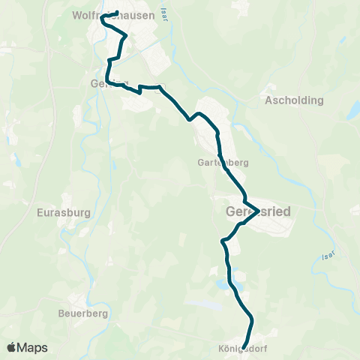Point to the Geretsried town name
pos(257,212)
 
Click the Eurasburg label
pos(63,212)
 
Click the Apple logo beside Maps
pos(12,347)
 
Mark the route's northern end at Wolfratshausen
pos(118,12)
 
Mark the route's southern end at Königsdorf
pos(246,346)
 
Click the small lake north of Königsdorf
pos(221,285)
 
